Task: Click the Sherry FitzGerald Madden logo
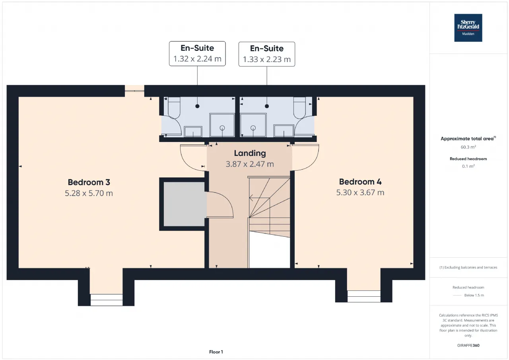coord(468,28)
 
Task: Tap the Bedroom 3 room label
coord(89,182)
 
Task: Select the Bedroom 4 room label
coord(360,182)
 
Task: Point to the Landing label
coord(250,154)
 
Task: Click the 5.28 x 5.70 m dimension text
coord(89,193)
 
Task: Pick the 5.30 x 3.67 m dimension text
coord(360,193)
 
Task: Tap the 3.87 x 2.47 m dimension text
coord(250,164)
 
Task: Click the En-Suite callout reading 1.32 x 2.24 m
coord(197,54)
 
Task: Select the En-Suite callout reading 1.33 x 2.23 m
coord(267,54)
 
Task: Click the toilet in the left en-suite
coord(174,107)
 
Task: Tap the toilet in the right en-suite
coord(299,107)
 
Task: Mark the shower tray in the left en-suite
coord(222,125)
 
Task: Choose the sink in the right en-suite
coord(284,131)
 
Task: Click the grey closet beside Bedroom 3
coord(184,204)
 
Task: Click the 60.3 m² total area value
coord(468,147)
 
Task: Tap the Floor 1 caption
coord(216,352)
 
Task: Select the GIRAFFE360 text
coord(468,345)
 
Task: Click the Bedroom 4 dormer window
coord(364,296)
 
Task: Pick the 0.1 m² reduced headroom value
coord(468,166)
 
